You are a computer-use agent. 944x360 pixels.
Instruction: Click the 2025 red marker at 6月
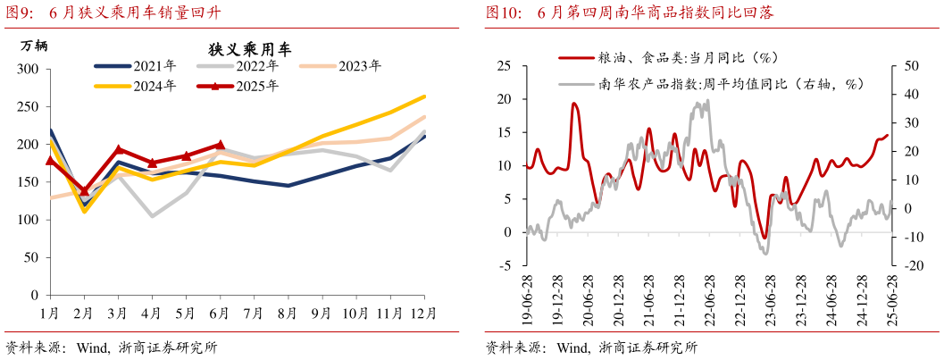tap(220, 144)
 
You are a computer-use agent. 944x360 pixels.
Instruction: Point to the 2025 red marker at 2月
tap(85, 190)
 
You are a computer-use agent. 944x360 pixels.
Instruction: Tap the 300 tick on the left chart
tap(29, 69)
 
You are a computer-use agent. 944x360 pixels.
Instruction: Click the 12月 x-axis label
tap(423, 313)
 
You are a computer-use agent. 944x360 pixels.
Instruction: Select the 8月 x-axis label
tap(288, 313)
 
